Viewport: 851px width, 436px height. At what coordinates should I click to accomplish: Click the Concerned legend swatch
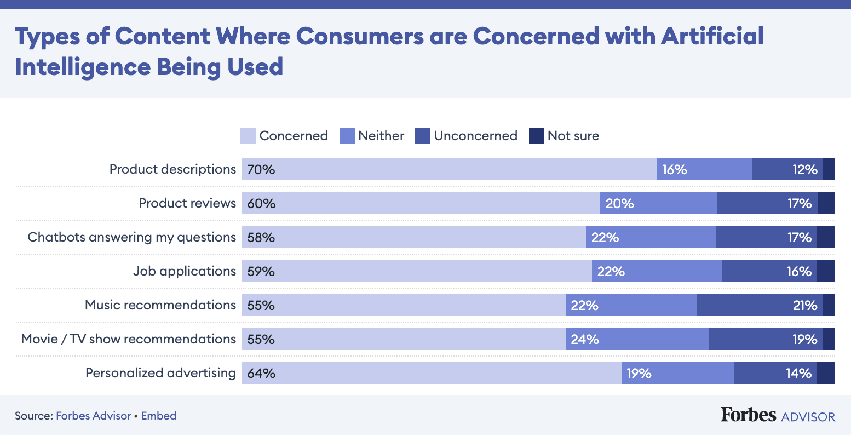click(x=248, y=136)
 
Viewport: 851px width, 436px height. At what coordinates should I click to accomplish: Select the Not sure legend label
click(x=573, y=136)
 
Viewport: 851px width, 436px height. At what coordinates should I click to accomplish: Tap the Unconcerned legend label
click(x=475, y=136)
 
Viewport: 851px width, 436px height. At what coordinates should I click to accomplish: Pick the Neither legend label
click(x=381, y=136)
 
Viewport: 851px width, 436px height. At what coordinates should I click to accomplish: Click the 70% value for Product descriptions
click(x=261, y=170)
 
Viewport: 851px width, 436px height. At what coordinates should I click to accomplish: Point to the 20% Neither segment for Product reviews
click(x=658, y=204)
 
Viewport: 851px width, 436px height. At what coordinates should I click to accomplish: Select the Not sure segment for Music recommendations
click(x=829, y=305)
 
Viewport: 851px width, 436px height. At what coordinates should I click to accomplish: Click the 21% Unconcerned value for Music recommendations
click(x=804, y=305)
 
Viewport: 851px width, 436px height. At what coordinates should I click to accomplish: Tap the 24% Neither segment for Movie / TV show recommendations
click(x=637, y=339)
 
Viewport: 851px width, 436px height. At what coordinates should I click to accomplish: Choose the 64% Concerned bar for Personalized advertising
click(x=432, y=373)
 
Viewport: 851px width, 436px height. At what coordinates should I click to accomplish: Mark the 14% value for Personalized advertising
click(x=798, y=373)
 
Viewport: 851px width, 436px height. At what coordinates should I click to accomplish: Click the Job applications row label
click(x=184, y=271)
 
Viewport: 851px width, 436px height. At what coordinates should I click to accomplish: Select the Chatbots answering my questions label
click(x=131, y=237)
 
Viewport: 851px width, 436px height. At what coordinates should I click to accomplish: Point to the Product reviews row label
click(x=187, y=203)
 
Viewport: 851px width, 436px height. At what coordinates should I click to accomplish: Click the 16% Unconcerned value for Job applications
click(x=798, y=271)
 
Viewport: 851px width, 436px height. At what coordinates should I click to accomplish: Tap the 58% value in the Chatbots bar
click(x=261, y=237)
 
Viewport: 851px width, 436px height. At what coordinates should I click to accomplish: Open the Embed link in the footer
click(x=159, y=416)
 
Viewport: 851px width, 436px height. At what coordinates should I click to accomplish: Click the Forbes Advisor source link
click(x=94, y=416)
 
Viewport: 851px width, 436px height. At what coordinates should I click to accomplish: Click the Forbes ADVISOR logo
click(x=778, y=415)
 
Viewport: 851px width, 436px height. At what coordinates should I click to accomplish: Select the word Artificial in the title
click(x=712, y=37)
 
